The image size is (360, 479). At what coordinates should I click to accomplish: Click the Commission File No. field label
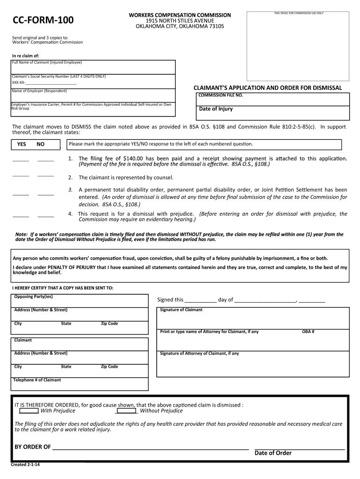[221, 95]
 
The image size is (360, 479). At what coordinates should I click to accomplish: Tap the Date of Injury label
[216, 109]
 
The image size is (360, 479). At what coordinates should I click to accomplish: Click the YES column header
[22, 144]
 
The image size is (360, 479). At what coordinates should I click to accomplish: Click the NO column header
[41, 144]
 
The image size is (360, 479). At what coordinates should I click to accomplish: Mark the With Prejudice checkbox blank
[29, 411]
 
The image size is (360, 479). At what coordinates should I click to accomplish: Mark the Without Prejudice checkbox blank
[126, 411]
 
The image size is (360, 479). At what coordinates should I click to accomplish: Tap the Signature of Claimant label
[181, 310]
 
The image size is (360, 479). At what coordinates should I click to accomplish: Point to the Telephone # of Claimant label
[37, 380]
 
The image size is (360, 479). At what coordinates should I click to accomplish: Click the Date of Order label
[273, 453]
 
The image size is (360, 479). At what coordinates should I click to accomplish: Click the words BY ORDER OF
[33, 447]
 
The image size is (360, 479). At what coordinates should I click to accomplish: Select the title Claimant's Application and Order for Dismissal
[268, 88]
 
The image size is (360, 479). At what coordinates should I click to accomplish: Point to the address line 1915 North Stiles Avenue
[180, 21]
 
